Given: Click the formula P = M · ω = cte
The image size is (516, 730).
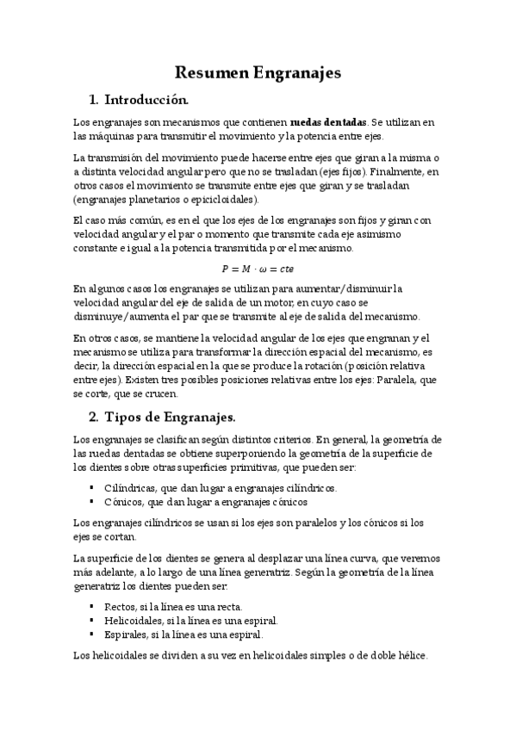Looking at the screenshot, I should [x=258, y=268].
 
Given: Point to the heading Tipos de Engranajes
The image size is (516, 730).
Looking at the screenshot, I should [x=170, y=418].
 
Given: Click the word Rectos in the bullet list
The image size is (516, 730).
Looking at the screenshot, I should [x=120, y=606].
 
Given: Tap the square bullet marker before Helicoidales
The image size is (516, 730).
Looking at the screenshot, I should [x=92, y=620].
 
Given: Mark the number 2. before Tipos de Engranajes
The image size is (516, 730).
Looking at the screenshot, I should [x=96, y=418].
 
